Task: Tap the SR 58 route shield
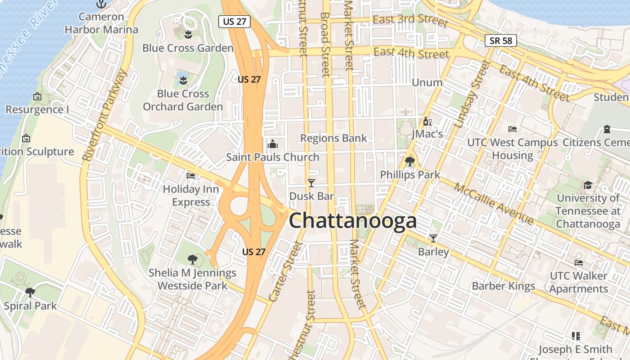501,40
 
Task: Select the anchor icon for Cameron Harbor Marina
101,4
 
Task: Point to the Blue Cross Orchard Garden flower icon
183,81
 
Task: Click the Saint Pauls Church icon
272,144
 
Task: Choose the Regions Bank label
333,138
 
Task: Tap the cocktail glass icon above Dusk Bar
311,183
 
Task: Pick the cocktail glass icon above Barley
433,238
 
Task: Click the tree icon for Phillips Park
409,161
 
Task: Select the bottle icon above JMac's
427,121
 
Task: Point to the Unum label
427,82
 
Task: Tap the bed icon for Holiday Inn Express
191,176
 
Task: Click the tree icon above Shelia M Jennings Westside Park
192,260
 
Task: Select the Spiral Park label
30,306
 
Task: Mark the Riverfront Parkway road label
105,115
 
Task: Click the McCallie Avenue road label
494,204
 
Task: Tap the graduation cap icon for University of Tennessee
588,185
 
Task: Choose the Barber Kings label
503,286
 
